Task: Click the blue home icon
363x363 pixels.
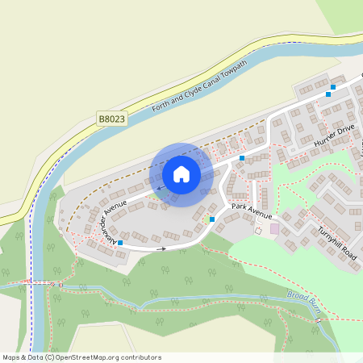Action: point(181,173)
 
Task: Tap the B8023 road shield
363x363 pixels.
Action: point(112,119)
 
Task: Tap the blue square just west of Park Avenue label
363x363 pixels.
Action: point(212,219)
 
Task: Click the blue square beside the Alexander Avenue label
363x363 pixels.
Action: point(120,242)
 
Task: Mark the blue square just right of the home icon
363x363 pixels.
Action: point(241,158)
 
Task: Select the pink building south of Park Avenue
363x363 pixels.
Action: point(274,229)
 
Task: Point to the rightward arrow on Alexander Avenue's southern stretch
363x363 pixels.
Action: point(162,248)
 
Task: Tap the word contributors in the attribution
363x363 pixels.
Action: point(140,357)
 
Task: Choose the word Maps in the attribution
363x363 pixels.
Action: point(12,357)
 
